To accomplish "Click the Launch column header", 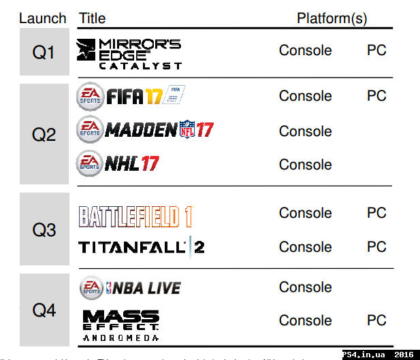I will [x=44, y=18].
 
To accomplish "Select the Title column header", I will [x=92, y=18].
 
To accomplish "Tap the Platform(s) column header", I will [x=332, y=18].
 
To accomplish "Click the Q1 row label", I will [x=44, y=52].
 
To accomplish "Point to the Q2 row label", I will [x=44, y=134].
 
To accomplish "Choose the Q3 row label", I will [x=44, y=230].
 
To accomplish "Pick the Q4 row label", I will [x=44, y=311].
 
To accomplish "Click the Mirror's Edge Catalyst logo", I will [x=129, y=54].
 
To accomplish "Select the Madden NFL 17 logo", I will [x=144, y=129].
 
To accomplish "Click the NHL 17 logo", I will [x=118, y=163].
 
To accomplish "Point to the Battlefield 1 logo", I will [x=136, y=217].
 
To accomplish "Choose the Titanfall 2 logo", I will [x=141, y=246].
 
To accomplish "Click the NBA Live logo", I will [x=130, y=288].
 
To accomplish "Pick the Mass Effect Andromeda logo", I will [x=120, y=325].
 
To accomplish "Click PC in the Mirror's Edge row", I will [x=376, y=50].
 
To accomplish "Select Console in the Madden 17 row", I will [x=305, y=131].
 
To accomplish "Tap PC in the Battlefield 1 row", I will [x=376, y=213].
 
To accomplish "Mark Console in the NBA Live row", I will [x=305, y=287].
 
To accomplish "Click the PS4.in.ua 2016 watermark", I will [x=379, y=355].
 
